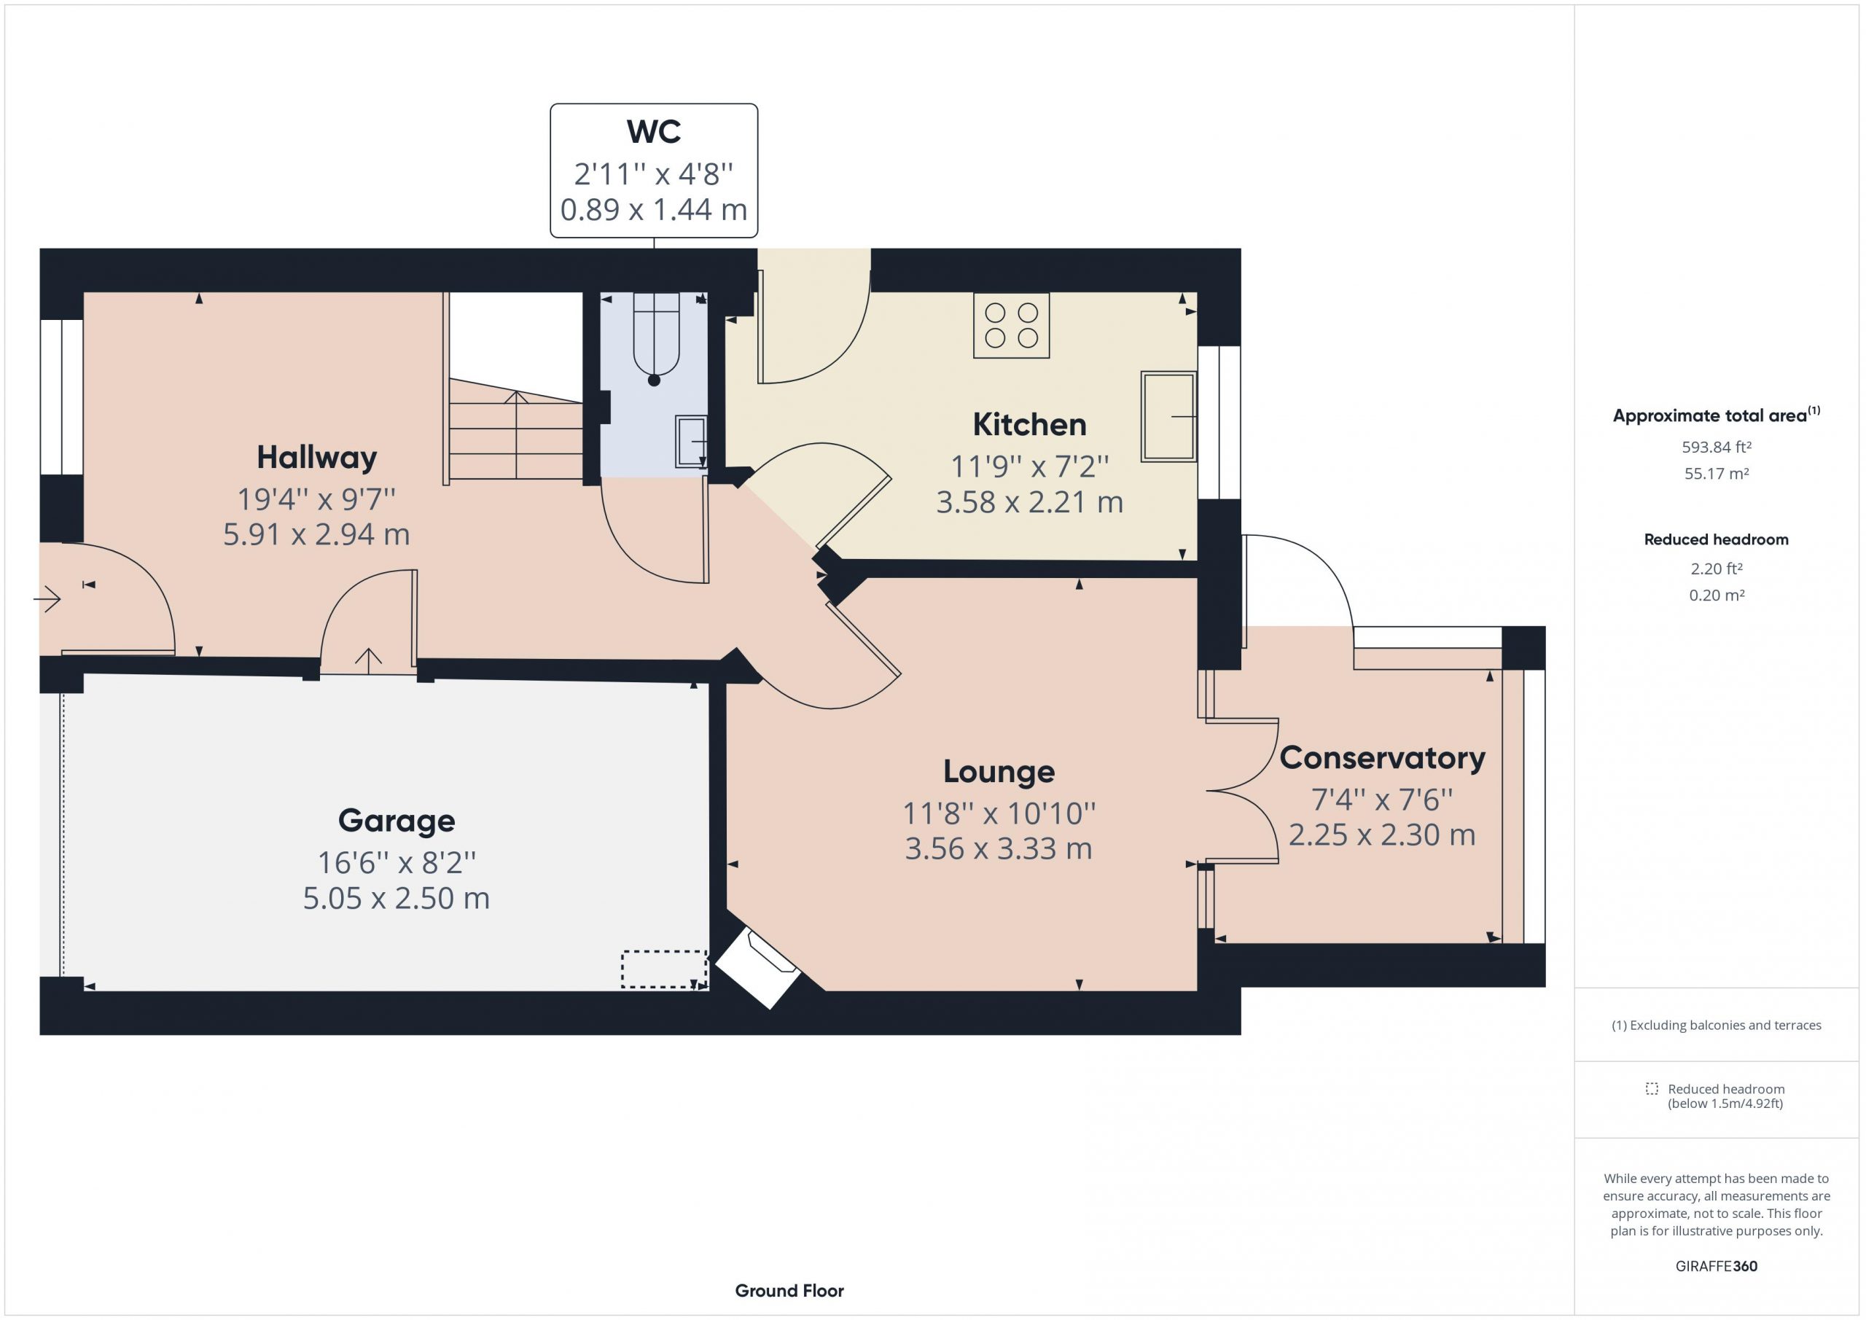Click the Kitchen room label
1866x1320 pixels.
point(1029,424)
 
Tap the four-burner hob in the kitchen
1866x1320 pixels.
point(1011,325)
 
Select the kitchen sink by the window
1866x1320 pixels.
point(1168,417)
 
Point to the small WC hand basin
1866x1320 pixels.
point(691,442)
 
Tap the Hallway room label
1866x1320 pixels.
point(317,458)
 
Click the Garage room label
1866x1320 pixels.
point(397,821)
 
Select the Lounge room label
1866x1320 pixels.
point(999,771)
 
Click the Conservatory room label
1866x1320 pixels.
point(1383,757)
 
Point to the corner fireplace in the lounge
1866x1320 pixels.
point(757,969)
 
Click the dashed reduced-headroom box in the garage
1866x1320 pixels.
point(664,969)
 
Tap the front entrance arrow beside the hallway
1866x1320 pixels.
point(47,600)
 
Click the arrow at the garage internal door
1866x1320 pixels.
point(368,661)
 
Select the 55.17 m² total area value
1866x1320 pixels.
point(1717,473)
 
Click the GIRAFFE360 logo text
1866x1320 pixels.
point(1717,1265)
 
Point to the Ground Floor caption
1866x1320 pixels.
point(789,1291)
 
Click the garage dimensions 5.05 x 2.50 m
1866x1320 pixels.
point(397,898)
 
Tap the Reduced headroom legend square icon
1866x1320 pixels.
point(1652,1088)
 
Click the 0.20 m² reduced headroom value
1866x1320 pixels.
point(1717,595)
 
